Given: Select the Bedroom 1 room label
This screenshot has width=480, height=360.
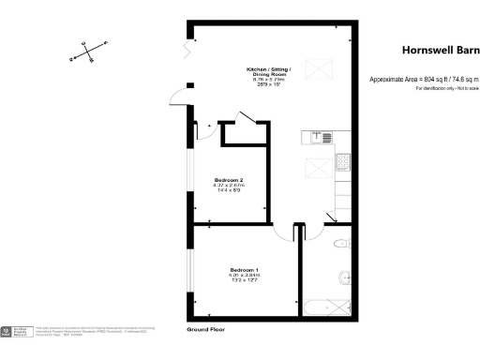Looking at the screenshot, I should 243,275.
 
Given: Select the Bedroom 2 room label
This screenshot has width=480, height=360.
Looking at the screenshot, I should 229,184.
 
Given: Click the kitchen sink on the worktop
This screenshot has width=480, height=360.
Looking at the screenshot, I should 323,138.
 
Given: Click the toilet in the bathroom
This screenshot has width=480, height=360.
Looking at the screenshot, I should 342,246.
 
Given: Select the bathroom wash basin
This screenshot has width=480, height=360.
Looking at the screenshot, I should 346,277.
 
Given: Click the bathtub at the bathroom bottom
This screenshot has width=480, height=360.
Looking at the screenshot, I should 327,307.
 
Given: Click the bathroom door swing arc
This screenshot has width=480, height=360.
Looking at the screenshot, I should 331,218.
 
